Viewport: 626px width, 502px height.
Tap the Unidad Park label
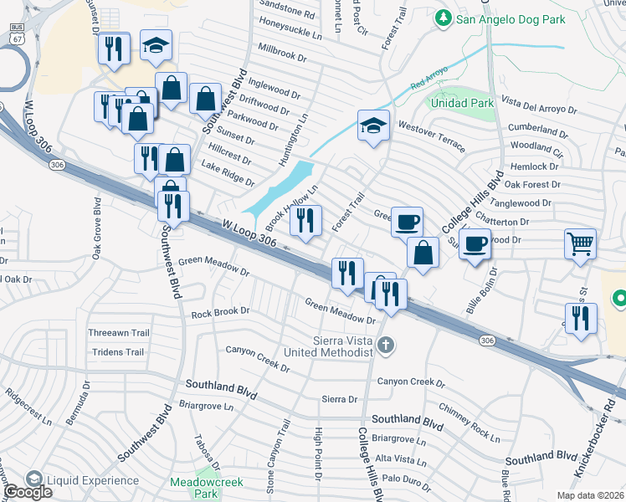461,102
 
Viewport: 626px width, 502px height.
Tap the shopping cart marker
580,244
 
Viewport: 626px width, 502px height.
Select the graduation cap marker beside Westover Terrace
373,125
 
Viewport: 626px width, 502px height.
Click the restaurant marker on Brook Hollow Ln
305,221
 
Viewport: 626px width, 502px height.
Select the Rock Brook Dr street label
221,312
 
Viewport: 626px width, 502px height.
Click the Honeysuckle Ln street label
290,32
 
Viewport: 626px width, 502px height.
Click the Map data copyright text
591,495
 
